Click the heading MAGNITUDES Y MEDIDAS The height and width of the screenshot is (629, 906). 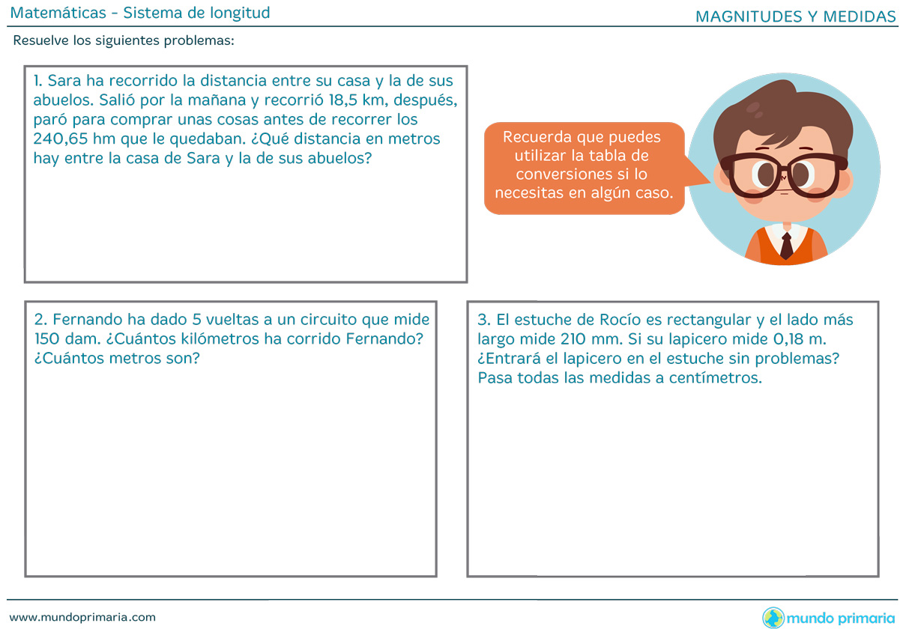pyautogui.click(x=795, y=16)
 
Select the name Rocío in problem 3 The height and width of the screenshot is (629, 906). pyautogui.click(x=620, y=320)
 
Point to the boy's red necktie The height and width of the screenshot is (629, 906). pyautogui.click(x=786, y=246)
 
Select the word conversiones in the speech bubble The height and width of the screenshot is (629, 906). pyautogui.click(x=560, y=174)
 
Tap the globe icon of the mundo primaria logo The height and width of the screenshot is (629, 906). pyautogui.click(x=773, y=618)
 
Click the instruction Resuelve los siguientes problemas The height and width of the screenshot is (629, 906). pyautogui.click(x=124, y=40)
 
